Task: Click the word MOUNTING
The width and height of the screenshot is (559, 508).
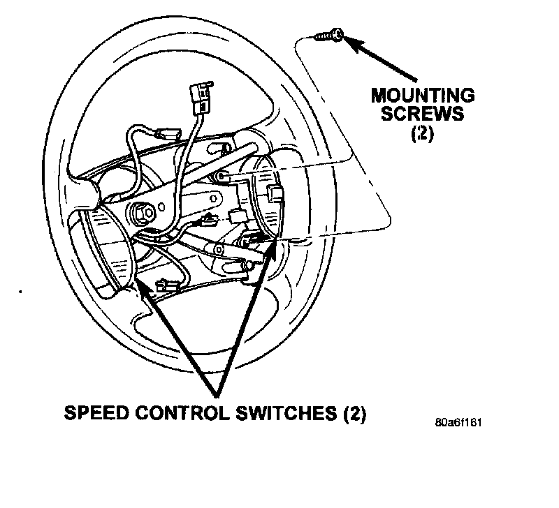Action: tap(423, 95)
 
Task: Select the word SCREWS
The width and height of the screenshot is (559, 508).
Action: tap(423, 114)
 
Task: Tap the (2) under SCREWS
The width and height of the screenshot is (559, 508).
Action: tap(422, 133)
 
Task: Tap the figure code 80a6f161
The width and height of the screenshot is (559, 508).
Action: tap(458, 423)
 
